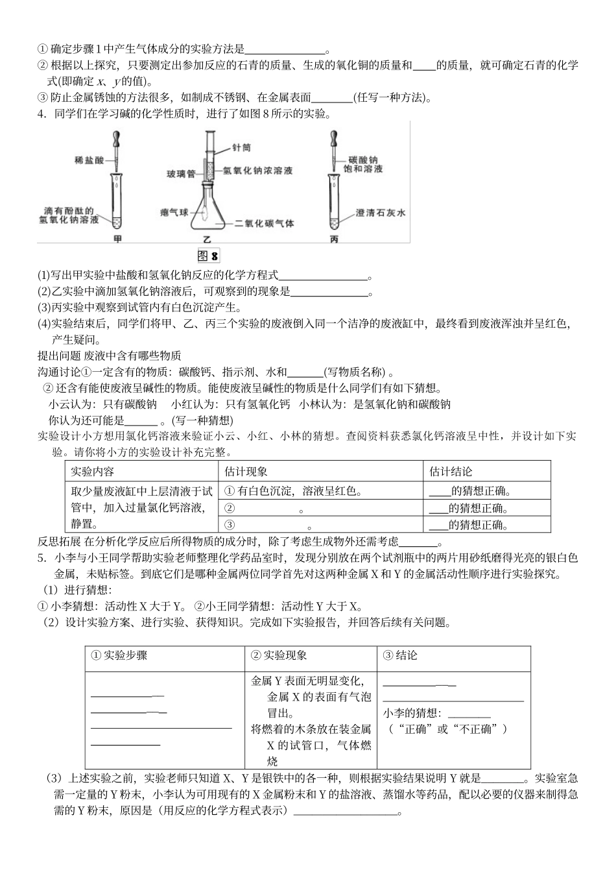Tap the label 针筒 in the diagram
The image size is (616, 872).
click(x=242, y=148)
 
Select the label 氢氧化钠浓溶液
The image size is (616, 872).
click(x=257, y=171)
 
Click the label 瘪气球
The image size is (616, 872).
click(x=174, y=212)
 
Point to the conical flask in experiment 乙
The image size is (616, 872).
click(x=208, y=208)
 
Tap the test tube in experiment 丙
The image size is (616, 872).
click(x=334, y=202)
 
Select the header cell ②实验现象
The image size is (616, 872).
click(x=279, y=655)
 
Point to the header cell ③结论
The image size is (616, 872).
click(x=400, y=655)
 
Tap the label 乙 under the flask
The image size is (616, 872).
click(x=209, y=239)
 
